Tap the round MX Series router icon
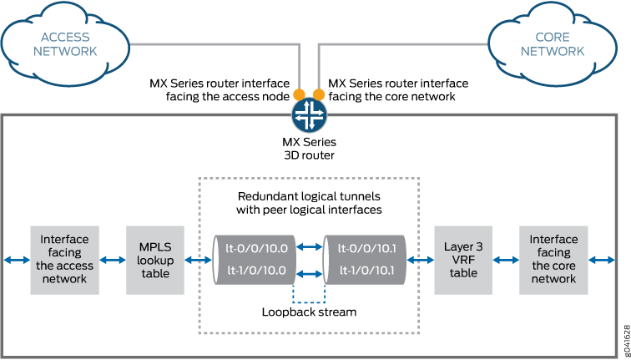305,113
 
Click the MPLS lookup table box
154,259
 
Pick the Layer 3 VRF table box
462,259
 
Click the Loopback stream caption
310,312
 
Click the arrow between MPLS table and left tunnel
198,260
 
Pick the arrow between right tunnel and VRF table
420,260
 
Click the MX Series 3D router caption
306,150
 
